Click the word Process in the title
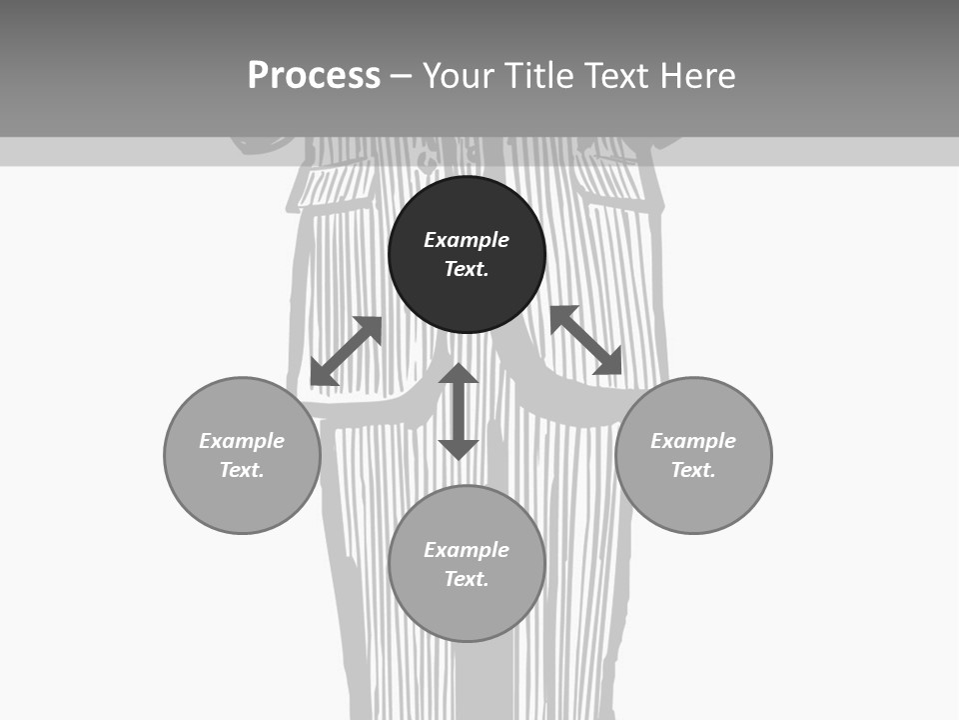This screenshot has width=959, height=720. pyautogui.click(x=314, y=76)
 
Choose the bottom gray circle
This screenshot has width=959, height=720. pyautogui.click(x=467, y=610)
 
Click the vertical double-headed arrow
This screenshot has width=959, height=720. pyautogui.click(x=459, y=411)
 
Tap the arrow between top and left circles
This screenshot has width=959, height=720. pyautogui.click(x=346, y=351)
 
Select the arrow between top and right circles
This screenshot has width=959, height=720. pyautogui.click(x=586, y=340)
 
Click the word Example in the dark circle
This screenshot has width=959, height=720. pyautogui.click(x=467, y=240)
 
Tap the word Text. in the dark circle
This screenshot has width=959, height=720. pyautogui.click(x=467, y=269)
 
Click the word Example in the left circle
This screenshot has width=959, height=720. pyautogui.click(x=242, y=441)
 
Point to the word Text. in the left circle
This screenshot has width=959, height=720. pyautogui.click(x=242, y=470)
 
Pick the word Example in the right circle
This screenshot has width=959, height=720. pyautogui.click(x=693, y=441)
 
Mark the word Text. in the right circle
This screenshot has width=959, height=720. pyautogui.click(x=693, y=470)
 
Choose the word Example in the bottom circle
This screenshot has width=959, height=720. pyautogui.click(x=467, y=550)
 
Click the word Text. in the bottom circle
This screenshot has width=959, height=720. pyautogui.click(x=467, y=579)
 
